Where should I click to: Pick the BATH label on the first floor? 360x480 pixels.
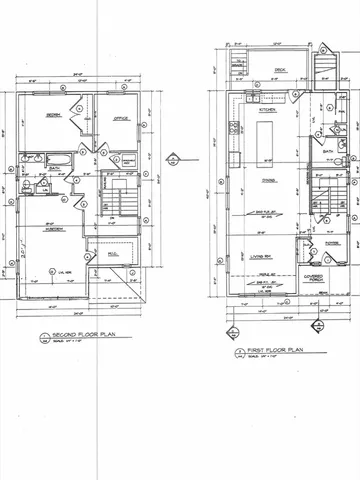point(328,153)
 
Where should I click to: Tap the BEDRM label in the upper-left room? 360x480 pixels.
point(55,115)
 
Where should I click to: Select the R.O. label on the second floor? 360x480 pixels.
point(112,254)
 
